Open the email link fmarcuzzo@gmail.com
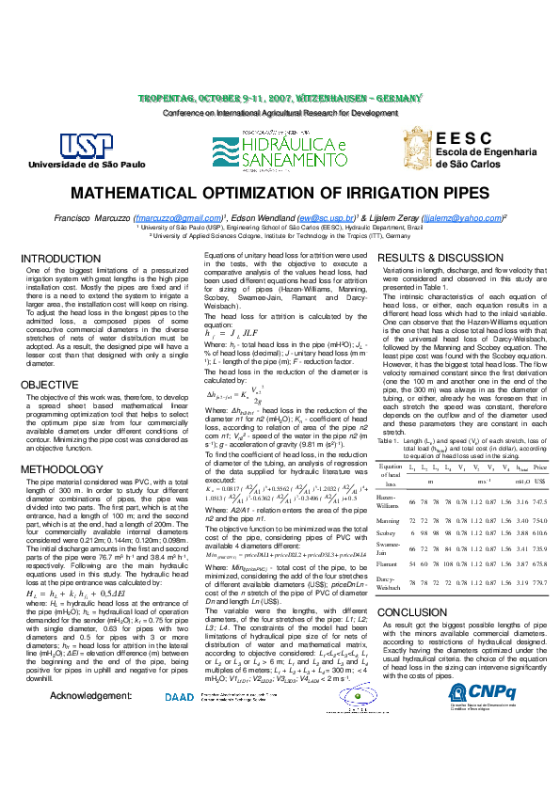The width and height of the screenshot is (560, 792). pos(184,217)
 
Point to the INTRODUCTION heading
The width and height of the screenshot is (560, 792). pos(61,258)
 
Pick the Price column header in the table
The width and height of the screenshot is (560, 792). pos(540,441)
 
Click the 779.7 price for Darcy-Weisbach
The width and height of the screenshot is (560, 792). pos(540,582)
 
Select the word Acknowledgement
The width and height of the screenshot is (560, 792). pos(90,722)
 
